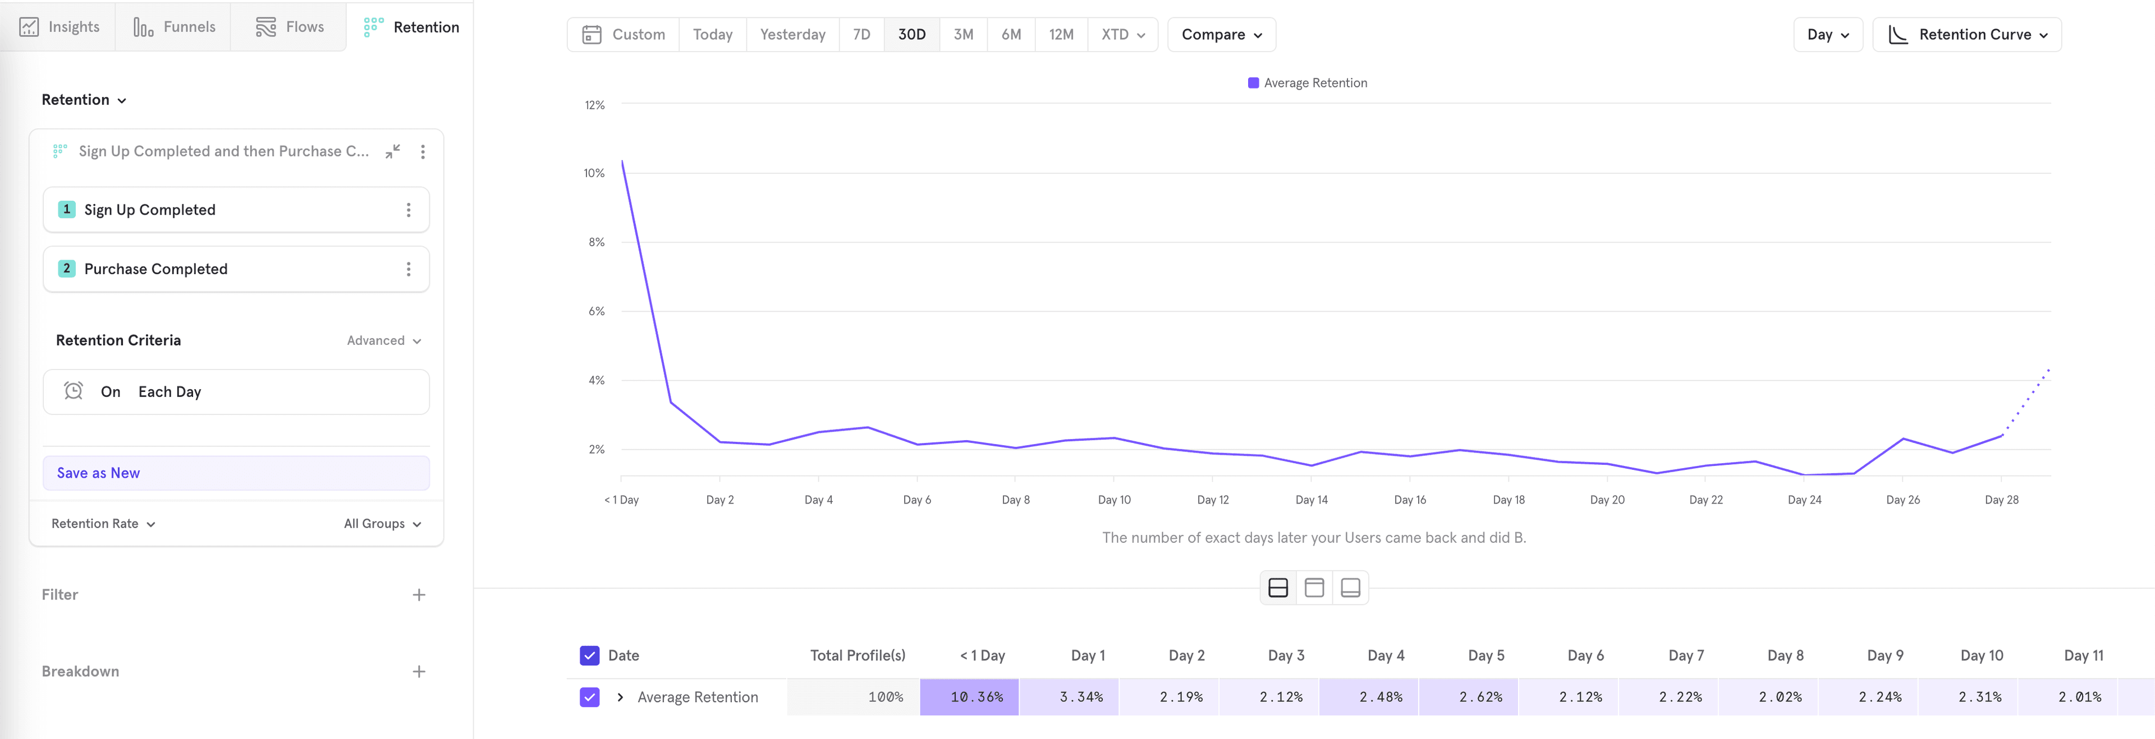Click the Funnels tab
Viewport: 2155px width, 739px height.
pos(174,27)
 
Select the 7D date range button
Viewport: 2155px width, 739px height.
pos(861,34)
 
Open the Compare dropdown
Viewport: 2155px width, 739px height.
pos(1221,34)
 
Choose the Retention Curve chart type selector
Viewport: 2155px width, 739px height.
pos(1966,34)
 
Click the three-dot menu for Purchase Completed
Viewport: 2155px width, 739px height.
pos(408,269)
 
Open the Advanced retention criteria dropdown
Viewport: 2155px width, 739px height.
pos(384,341)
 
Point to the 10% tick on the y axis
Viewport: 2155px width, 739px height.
pos(594,173)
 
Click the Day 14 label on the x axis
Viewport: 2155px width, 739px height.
pos(1311,500)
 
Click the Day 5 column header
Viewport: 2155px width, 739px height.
pos(1485,655)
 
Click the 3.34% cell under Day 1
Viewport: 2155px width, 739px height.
pos(1081,697)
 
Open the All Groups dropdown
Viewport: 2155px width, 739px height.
pos(382,524)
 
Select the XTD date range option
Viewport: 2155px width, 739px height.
pos(1122,34)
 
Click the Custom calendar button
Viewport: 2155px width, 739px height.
pos(624,34)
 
